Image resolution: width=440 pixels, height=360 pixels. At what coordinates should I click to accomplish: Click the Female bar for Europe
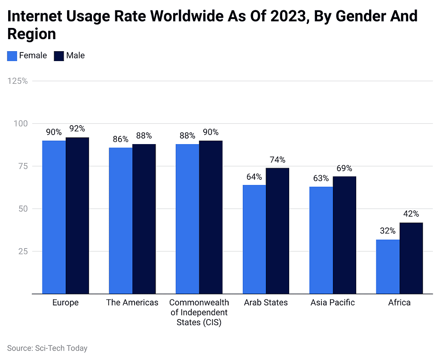click(54, 217)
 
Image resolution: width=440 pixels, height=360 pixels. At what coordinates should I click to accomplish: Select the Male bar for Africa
click(411, 258)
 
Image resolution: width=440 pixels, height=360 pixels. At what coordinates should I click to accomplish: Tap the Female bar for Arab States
click(254, 239)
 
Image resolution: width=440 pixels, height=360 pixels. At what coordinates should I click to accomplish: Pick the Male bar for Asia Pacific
click(345, 235)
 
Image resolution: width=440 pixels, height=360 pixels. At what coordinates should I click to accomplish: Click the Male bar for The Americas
click(144, 219)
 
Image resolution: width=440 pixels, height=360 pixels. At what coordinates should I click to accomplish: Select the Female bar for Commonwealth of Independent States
click(187, 219)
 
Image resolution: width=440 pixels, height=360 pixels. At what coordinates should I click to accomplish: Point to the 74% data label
click(277, 160)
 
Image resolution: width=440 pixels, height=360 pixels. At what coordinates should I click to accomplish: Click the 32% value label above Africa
click(388, 231)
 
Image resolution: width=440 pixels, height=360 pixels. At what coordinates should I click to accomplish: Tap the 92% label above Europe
click(77, 129)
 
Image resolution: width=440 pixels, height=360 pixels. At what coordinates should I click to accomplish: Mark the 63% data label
click(321, 178)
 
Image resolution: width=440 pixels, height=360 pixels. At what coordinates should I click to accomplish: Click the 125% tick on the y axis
click(18, 81)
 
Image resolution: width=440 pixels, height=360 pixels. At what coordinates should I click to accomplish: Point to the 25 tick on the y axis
click(22, 252)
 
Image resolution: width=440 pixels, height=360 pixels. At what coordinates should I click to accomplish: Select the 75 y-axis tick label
click(22, 166)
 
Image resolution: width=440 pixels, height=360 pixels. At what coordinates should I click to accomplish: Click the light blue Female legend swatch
click(12, 56)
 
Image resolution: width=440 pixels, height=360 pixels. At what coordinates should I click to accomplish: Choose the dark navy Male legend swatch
click(59, 56)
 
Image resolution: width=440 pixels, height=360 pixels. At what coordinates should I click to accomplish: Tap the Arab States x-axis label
click(266, 303)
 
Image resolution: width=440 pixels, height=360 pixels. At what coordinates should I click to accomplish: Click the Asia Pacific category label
click(333, 303)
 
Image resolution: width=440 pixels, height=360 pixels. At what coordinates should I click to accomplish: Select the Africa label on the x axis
click(399, 303)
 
